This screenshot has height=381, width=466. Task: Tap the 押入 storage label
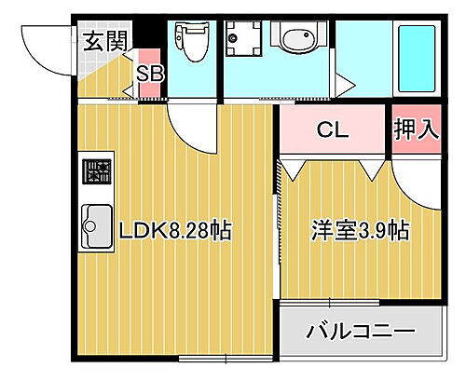click(x=415, y=129)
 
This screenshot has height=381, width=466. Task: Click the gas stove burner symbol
click(x=97, y=172)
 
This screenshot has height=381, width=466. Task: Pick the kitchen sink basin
click(x=96, y=224)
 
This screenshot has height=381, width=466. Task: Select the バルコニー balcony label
click(x=361, y=331)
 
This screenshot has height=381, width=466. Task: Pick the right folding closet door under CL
click(x=370, y=169)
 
